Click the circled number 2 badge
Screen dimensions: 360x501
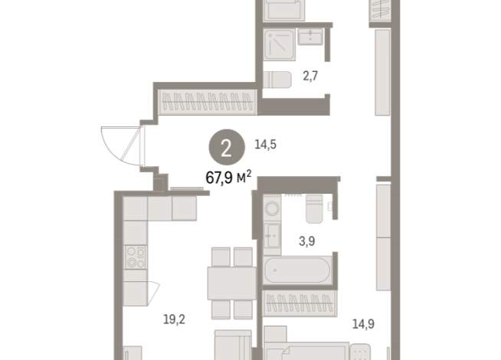click(x=225, y=149)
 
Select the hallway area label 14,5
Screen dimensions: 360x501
click(x=265, y=143)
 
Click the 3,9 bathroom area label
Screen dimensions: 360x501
click(x=306, y=241)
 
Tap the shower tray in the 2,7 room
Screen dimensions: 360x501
click(x=280, y=47)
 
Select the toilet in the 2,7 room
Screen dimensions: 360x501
click(x=277, y=79)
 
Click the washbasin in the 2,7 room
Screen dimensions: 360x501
click(x=314, y=37)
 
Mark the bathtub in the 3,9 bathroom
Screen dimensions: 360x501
click(x=297, y=270)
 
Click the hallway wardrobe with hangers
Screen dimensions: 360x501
click(x=206, y=101)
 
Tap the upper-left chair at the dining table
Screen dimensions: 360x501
click(x=220, y=256)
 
